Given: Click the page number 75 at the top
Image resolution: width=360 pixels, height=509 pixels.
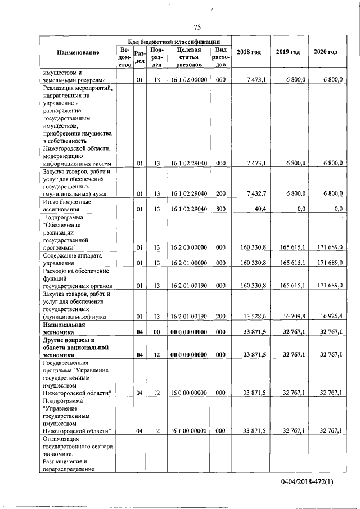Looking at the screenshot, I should coord(197,27).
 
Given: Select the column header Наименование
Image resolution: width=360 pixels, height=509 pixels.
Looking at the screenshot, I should coord(78,52).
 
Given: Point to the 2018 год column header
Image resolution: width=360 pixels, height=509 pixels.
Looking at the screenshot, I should coord(249,52).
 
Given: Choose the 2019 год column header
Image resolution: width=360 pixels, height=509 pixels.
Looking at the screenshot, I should coord(288,52).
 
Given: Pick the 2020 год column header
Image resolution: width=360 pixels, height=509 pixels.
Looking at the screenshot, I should coord(326,52).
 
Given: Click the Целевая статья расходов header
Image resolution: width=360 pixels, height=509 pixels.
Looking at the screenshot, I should coord(188,57).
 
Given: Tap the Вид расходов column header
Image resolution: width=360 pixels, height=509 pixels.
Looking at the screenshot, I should coord(220,57).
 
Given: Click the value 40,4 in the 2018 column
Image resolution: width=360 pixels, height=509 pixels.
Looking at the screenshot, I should coord(259,209).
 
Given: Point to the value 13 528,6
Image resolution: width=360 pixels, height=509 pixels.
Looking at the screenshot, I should coord(254,316).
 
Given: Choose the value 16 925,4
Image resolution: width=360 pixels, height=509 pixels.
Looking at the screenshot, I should coord(330,316).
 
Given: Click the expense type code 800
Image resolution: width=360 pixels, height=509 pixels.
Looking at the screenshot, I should coord(220,209).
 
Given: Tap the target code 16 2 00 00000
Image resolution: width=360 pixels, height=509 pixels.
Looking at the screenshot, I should coord(188,247).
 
